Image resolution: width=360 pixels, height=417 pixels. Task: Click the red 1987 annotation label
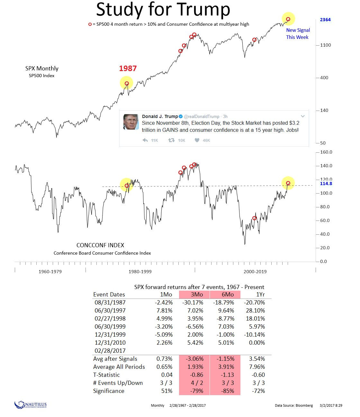[x=128, y=68]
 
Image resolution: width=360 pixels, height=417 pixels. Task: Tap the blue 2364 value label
[x=325, y=20]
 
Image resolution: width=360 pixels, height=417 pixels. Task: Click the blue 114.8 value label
[x=326, y=184]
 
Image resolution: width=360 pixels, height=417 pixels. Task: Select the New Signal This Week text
[x=298, y=34]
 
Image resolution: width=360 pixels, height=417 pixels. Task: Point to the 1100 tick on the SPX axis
[x=325, y=45]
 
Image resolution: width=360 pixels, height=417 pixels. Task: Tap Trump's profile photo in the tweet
[x=131, y=122]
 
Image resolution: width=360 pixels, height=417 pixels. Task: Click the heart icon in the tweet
[x=197, y=140]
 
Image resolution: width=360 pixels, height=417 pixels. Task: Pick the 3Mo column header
[x=197, y=295]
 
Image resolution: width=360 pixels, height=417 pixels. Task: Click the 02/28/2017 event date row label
[x=110, y=351]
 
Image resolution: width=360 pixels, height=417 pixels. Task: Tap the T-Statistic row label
[x=106, y=375]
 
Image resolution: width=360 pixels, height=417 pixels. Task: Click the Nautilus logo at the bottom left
[x=31, y=405]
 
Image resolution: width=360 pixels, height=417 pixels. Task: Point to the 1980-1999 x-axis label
[x=140, y=272]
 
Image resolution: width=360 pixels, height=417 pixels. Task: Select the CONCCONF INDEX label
[x=100, y=245]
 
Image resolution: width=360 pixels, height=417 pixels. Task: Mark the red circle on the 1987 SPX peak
[x=127, y=84]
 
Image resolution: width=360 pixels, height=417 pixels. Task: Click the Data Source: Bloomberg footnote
[x=294, y=405]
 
